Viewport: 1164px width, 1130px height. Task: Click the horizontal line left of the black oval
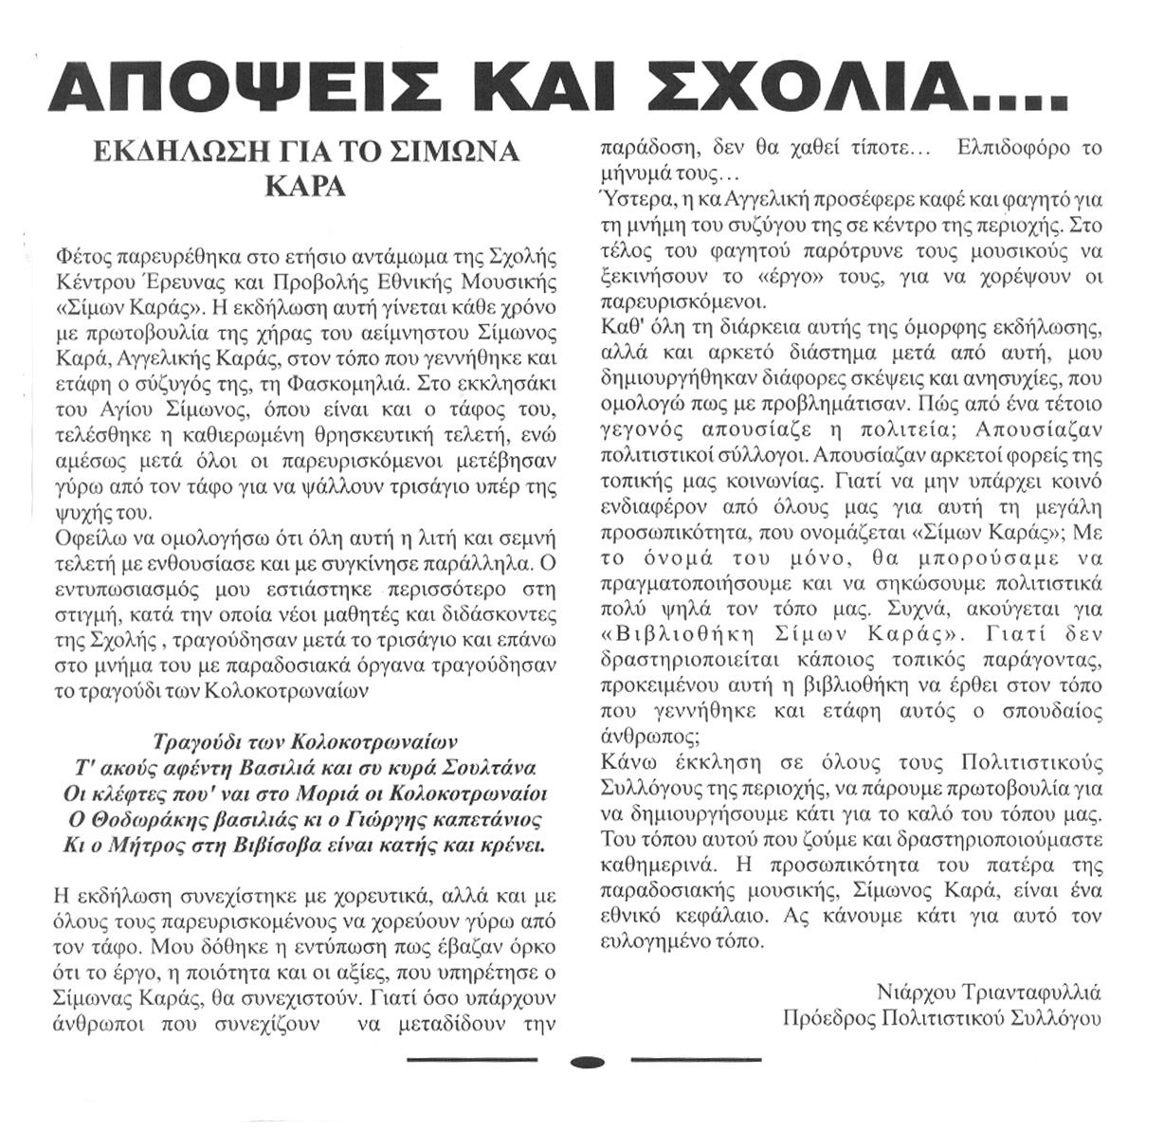tap(473, 1060)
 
